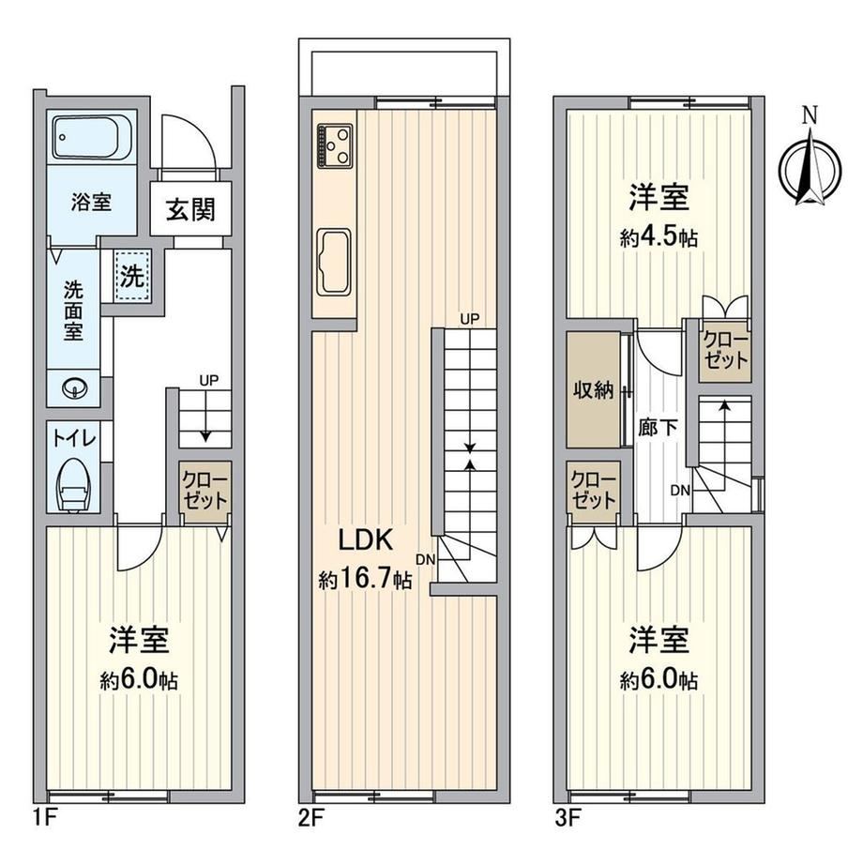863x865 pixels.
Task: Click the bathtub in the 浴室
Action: point(93,136)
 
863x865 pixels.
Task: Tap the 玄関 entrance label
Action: point(190,209)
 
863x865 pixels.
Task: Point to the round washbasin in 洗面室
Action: point(74,389)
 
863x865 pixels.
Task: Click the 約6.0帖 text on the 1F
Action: point(139,681)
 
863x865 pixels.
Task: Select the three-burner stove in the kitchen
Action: point(335,145)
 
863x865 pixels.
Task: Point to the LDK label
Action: point(366,540)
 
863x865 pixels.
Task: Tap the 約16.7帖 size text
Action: point(365,579)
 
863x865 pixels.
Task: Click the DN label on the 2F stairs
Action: point(426,559)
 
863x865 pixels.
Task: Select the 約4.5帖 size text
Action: point(659,237)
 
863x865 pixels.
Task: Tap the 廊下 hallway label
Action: point(658,427)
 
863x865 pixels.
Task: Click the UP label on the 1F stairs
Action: point(209,380)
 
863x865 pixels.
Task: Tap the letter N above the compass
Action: point(810,114)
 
